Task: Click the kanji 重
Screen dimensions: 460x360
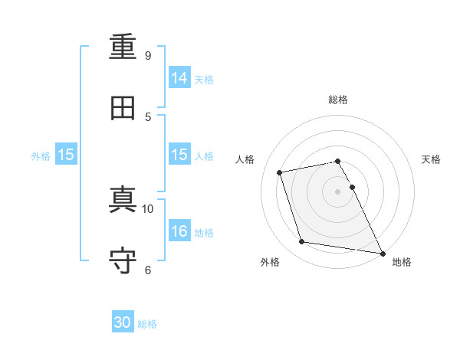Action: tap(123, 47)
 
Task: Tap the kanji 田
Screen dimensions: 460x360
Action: tap(123, 108)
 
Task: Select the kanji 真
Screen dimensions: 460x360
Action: tap(123, 199)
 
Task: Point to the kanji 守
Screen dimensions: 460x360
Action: tap(123, 260)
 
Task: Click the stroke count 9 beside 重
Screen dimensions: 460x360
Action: tap(148, 55)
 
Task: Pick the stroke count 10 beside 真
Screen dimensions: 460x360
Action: tap(147, 209)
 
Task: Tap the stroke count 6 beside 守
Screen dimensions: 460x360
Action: tap(148, 270)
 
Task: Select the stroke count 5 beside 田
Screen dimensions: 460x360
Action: tap(148, 117)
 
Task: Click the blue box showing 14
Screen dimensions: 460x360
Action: tap(179, 77)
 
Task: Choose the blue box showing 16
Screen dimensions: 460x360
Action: tap(179, 230)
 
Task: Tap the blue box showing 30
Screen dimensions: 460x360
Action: tap(123, 321)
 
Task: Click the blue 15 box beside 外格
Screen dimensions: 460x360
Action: tap(66, 154)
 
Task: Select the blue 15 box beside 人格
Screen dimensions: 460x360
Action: tap(179, 154)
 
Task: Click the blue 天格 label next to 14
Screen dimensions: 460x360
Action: tap(204, 80)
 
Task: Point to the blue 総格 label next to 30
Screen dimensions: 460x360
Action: tap(147, 324)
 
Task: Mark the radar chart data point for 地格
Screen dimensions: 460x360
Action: tap(383, 254)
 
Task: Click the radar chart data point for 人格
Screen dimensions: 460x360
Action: tap(279, 172)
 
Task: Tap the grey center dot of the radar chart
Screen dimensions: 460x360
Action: tap(337, 191)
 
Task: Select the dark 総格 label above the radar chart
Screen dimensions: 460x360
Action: tap(338, 100)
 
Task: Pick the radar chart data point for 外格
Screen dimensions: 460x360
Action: tap(301, 241)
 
